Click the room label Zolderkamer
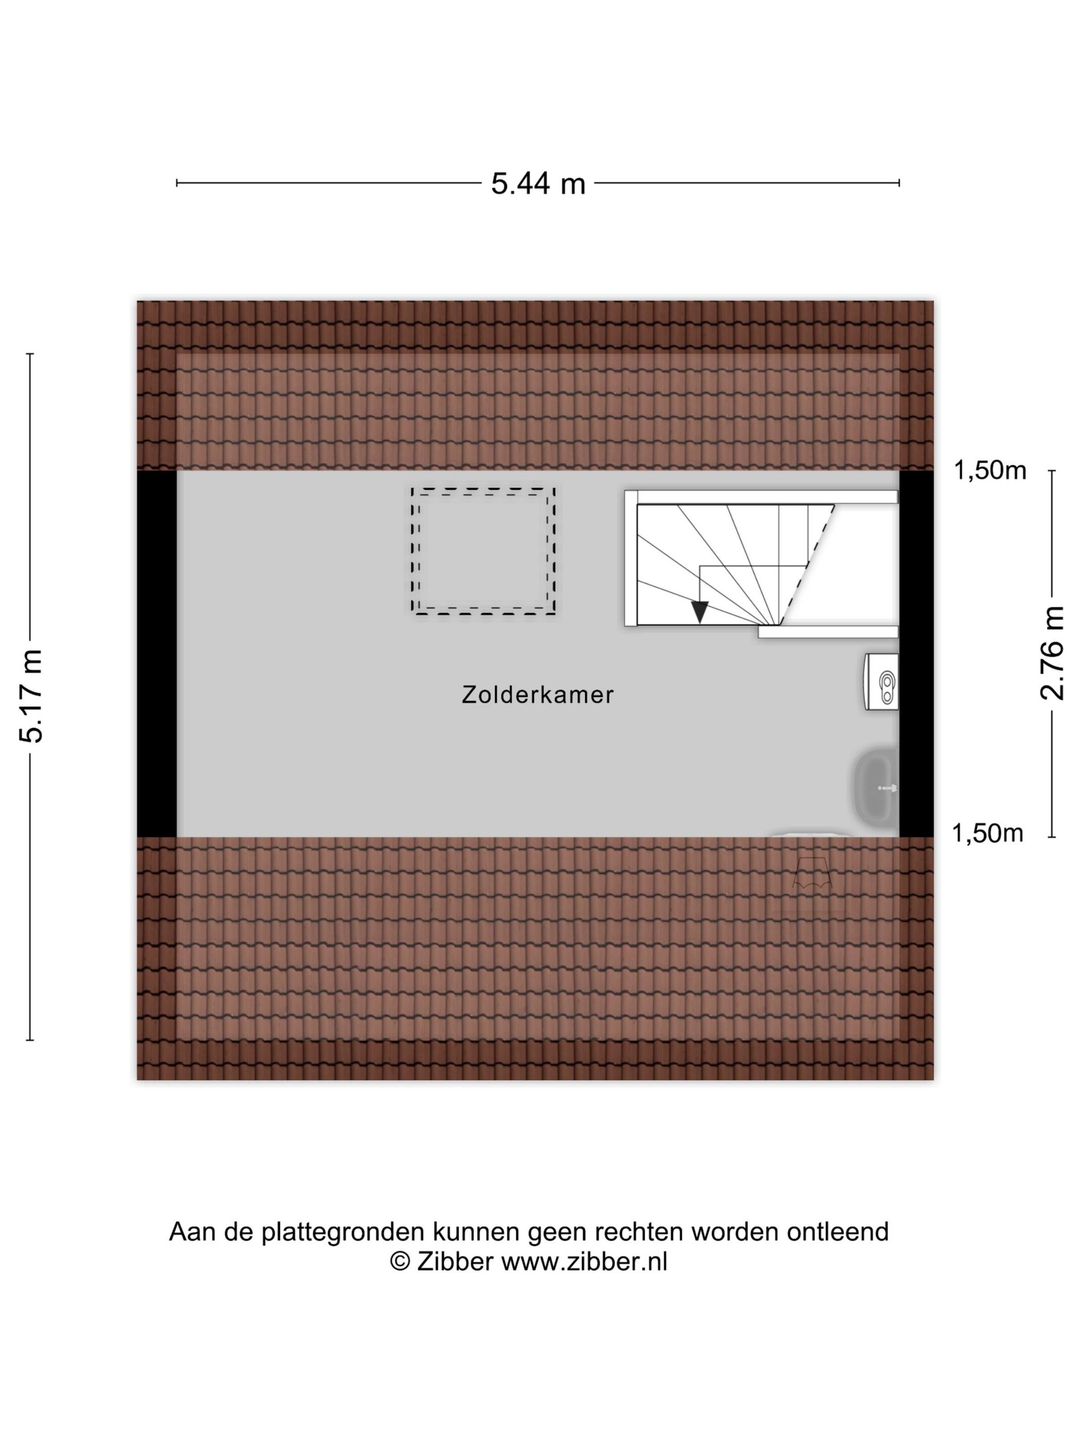pyautogui.click(x=537, y=695)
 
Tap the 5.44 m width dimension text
pyautogui.click(x=538, y=184)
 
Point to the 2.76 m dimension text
pyautogui.click(x=1052, y=653)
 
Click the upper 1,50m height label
pyautogui.click(x=990, y=471)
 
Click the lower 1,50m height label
pyautogui.click(x=987, y=833)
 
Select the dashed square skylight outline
pyautogui.click(x=483, y=552)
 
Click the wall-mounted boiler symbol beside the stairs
pyautogui.click(x=881, y=682)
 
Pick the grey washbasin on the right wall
pyautogui.click(x=876, y=787)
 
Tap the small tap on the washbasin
pyautogui.click(x=888, y=788)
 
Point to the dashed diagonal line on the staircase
pyautogui.click(x=807, y=564)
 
